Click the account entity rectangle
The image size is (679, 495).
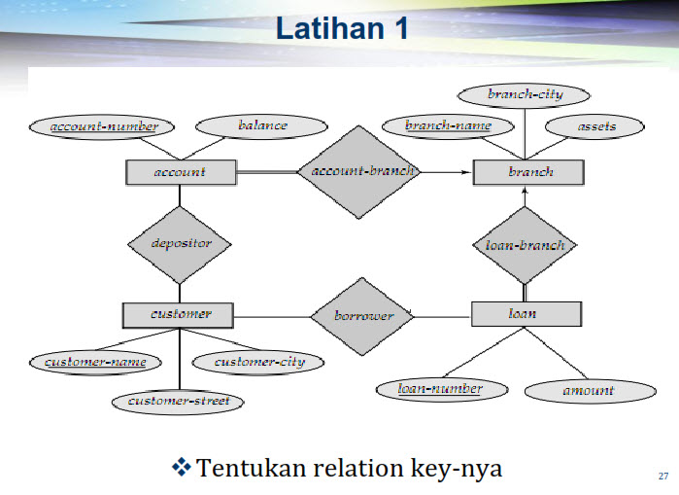click(181, 173)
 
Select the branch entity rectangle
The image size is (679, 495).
click(528, 173)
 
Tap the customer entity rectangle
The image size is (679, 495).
click(180, 315)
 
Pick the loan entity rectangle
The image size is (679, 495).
click(526, 314)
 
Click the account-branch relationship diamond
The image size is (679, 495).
click(356, 171)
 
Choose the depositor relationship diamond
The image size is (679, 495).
click(180, 243)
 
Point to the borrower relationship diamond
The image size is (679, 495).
click(363, 316)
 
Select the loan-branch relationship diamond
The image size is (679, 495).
click(525, 245)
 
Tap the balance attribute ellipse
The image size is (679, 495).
click(262, 125)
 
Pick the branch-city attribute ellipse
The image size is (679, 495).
click(525, 94)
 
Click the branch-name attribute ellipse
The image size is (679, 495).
click(448, 125)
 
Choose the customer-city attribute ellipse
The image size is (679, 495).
click(259, 362)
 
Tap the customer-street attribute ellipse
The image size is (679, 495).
click(178, 400)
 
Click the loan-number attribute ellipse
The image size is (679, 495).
click(440, 389)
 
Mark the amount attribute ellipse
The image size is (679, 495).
click(588, 390)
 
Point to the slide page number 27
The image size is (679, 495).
click(663, 476)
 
